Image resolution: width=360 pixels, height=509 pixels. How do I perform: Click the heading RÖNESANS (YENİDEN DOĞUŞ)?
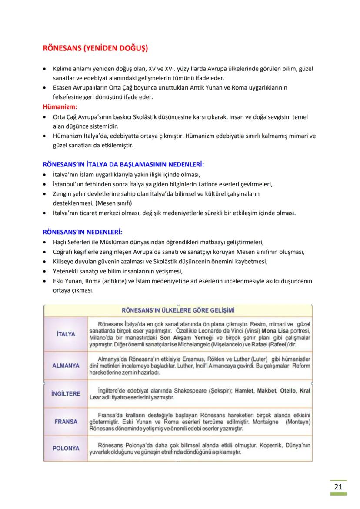coord(95,48)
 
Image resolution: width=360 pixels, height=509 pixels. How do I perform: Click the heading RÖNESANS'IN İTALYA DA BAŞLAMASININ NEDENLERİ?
coord(123,165)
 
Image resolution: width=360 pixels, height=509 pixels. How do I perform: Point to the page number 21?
coord(338,486)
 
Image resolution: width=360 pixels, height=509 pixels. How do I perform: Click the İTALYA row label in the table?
coord(66,334)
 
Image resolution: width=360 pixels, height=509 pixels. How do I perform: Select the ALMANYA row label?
coord(66,366)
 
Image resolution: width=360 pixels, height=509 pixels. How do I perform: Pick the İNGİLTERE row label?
coord(66,394)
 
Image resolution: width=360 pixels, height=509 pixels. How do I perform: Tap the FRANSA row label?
coord(66,422)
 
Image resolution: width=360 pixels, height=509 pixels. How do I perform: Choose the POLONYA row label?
coord(66,448)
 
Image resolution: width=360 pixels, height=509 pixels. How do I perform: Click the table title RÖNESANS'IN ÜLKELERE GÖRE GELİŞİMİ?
coord(178,310)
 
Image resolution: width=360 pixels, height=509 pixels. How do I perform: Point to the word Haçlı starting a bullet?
coord(61,242)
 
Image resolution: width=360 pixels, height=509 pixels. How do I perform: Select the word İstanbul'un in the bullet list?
coord(68,184)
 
